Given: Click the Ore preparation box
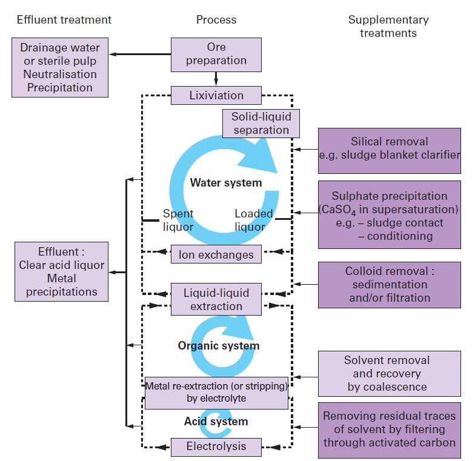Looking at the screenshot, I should coord(216,54).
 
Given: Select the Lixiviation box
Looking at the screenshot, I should coord(216,96).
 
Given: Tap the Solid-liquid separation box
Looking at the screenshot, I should coord(261,123).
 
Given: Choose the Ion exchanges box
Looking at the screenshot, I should coord(216,254).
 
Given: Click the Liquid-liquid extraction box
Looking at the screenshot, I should coord(216,299).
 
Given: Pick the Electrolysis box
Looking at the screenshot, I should coord(216,447).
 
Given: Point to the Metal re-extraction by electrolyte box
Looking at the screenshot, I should coord(216,393).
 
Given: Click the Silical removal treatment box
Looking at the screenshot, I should coord(390,148).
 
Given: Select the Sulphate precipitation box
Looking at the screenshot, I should coord(390,215).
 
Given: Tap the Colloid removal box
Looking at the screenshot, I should coord(390,285).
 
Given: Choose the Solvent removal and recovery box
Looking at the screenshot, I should coord(390,374).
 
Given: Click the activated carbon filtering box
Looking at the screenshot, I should coord(390,429).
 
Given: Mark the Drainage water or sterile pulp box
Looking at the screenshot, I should coord(60,67).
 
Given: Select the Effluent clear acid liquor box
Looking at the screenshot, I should coord(61,272).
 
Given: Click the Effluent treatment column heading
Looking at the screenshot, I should coord(64,20).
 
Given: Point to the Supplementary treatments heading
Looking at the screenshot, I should coord(388,26).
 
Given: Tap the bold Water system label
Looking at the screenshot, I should coord(226,182).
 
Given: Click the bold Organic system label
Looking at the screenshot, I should coord(218,346).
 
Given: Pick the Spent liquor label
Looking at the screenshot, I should coord(178,221).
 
